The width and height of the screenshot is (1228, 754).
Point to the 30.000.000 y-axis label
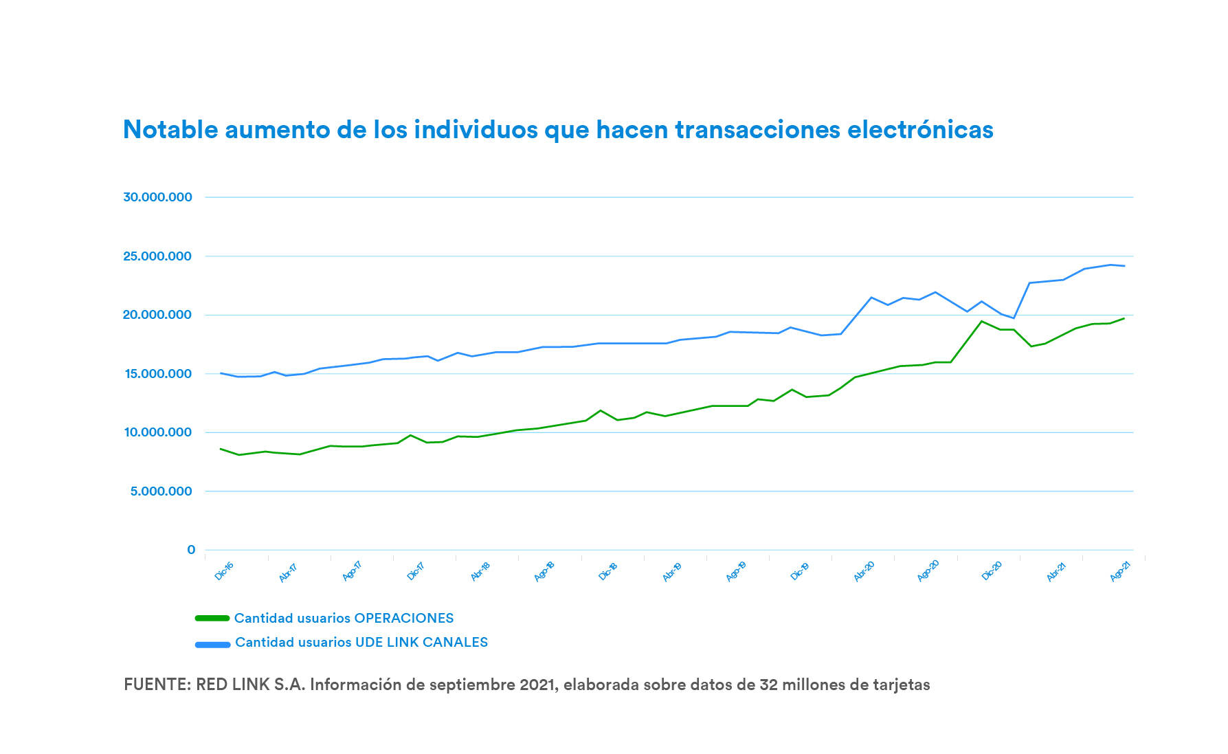tap(157, 197)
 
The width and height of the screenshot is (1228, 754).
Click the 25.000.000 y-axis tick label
tap(157, 256)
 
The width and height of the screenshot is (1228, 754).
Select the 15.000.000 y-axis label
tap(157, 374)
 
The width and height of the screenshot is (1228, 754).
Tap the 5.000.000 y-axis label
tap(161, 491)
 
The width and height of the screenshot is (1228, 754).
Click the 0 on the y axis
tap(191, 550)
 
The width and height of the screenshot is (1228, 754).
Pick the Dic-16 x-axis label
tap(224, 571)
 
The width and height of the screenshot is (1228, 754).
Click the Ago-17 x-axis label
tap(352, 571)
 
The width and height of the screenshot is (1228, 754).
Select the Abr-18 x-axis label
tap(480, 571)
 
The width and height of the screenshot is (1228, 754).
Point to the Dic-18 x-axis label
tap(608, 571)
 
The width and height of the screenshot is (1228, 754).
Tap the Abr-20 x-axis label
tap(864, 571)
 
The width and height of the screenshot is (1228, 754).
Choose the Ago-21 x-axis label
tap(1120, 571)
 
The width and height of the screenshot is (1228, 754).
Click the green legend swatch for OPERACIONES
tap(212, 618)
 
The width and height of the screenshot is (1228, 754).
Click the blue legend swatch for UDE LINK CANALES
tap(212, 645)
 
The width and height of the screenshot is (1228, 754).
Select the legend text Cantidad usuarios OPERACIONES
tap(344, 618)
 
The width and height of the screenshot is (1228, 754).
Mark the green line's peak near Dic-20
tap(981, 321)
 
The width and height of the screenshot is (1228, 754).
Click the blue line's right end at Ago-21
tap(1124, 266)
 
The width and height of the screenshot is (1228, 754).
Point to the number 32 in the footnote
tap(768, 685)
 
